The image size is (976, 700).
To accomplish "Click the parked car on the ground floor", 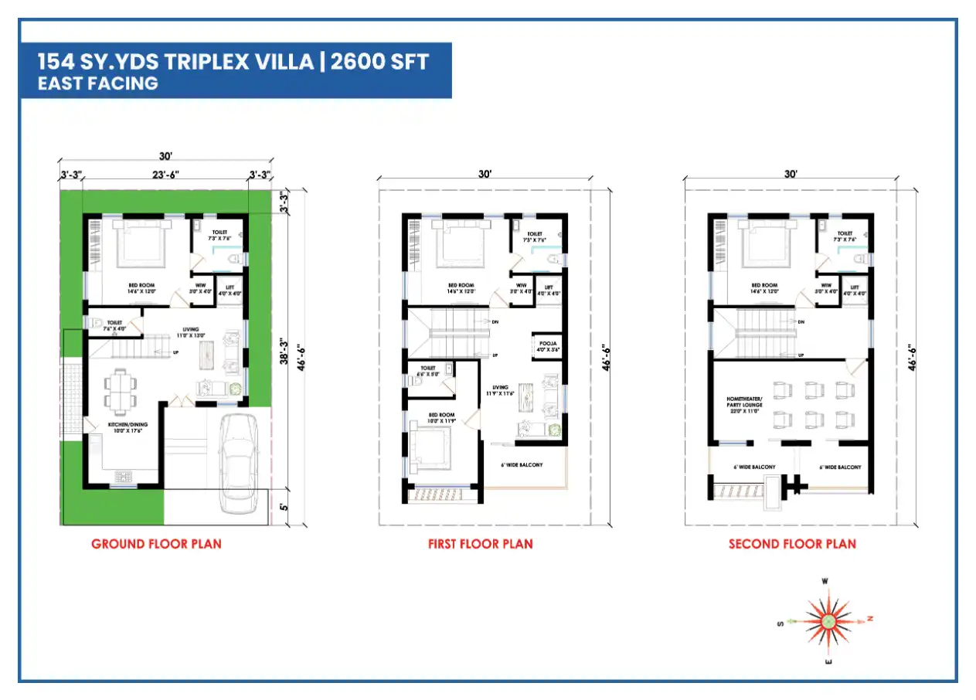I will click(238, 463).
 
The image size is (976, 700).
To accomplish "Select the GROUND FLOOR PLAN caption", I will click(156, 544).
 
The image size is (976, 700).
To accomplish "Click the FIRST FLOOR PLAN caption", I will click(480, 544).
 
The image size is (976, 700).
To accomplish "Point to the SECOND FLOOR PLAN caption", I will click(792, 544).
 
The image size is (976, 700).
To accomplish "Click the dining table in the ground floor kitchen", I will click(120, 391).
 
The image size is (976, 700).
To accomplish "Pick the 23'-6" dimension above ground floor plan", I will click(165, 175).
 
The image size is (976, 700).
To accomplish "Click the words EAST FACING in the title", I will click(98, 83).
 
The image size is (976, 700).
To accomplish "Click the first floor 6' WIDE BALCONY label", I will click(522, 464).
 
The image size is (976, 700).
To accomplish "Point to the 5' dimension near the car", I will click(284, 508).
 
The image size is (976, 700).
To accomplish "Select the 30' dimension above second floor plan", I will click(790, 175).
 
